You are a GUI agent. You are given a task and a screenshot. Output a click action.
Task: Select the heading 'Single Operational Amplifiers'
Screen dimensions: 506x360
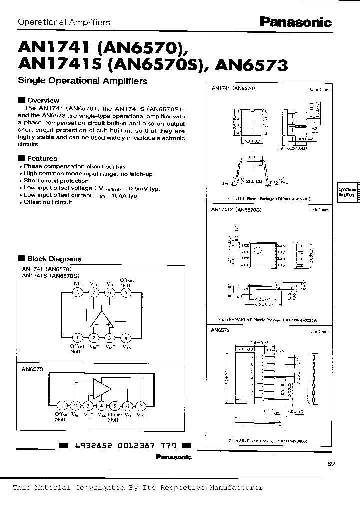(82, 80)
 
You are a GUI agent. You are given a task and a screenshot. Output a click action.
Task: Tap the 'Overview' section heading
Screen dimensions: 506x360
(43, 100)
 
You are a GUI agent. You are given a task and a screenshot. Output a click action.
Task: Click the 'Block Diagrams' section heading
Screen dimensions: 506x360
(53, 259)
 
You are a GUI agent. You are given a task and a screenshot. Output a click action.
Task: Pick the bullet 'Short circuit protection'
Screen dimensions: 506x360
(56, 181)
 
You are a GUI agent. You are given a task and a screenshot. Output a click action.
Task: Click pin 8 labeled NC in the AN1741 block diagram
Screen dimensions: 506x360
(77, 293)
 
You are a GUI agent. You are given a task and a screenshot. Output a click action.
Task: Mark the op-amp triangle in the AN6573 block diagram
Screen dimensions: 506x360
(102, 387)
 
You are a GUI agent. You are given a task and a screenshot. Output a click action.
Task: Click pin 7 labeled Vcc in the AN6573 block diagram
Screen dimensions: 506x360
(141, 405)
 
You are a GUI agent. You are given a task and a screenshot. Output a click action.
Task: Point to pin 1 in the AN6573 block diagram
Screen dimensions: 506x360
(61, 405)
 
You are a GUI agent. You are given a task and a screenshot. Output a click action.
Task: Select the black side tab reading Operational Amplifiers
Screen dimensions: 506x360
(347, 193)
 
